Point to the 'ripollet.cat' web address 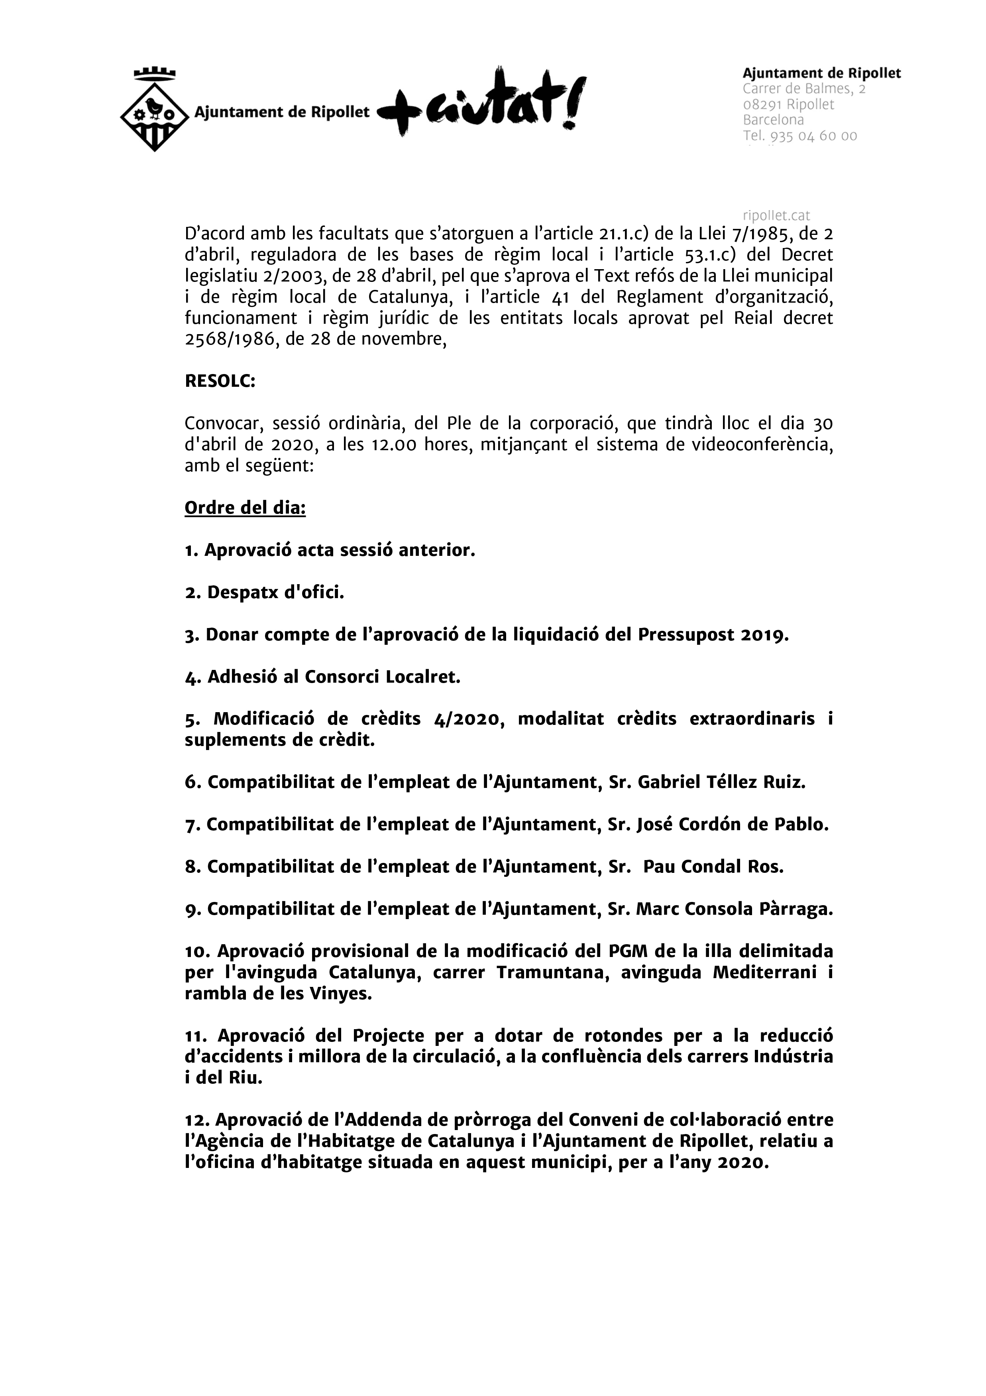(x=776, y=215)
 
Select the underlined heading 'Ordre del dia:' (x=245, y=507)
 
